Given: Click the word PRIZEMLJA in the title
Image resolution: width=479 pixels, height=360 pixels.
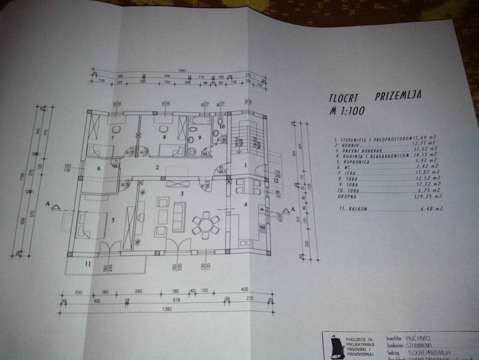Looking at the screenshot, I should pyautogui.click(x=398, y=96).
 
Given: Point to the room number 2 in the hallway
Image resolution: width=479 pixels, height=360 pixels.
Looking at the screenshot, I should pyautogui.click(x=156, y=168).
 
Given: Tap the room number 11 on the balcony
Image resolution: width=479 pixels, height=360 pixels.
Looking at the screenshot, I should pyautogui.click(x=88, y=264).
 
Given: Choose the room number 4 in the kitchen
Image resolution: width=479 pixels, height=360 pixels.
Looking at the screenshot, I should pyautogui.click(x=245, y=204).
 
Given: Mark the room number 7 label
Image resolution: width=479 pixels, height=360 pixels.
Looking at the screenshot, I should pyautogui.click(x=112, y=138).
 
